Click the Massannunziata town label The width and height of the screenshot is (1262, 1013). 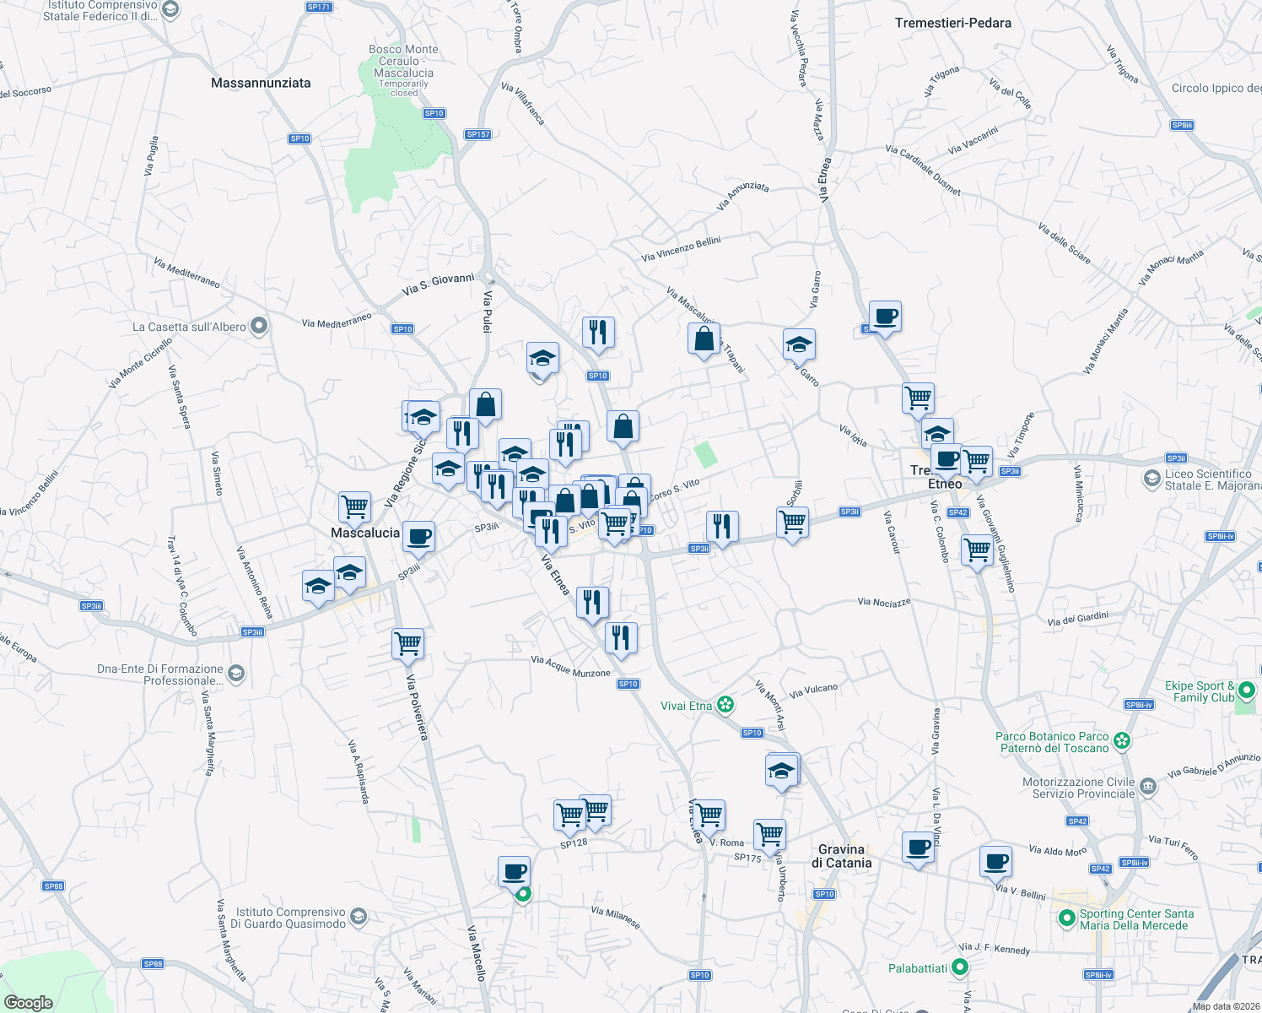pos(261,83)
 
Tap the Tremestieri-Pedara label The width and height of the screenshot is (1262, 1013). pos(952,23)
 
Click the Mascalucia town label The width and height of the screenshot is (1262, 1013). pos(365,533)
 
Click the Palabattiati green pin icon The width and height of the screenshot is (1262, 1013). pos(960,967)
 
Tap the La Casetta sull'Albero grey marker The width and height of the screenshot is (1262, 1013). pos(260,326)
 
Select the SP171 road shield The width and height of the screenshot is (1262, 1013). pos(319,7)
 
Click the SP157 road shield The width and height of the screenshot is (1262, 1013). pos(477,134)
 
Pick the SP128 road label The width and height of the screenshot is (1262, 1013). pos(574,843)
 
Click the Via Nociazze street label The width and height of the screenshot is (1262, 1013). pos(884,602)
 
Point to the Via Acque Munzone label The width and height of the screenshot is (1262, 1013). pos(570,667)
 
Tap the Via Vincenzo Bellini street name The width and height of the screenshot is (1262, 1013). pos(681,249)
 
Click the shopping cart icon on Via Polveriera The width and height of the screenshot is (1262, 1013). pos(408,643)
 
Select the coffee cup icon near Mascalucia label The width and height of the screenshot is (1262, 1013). pos(418,536)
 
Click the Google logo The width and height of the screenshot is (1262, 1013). pos(29,1002)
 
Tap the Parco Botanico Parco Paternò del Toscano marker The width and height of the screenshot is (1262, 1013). pos(1121,741)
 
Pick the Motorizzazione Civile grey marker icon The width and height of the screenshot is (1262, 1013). pos(1147,787)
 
